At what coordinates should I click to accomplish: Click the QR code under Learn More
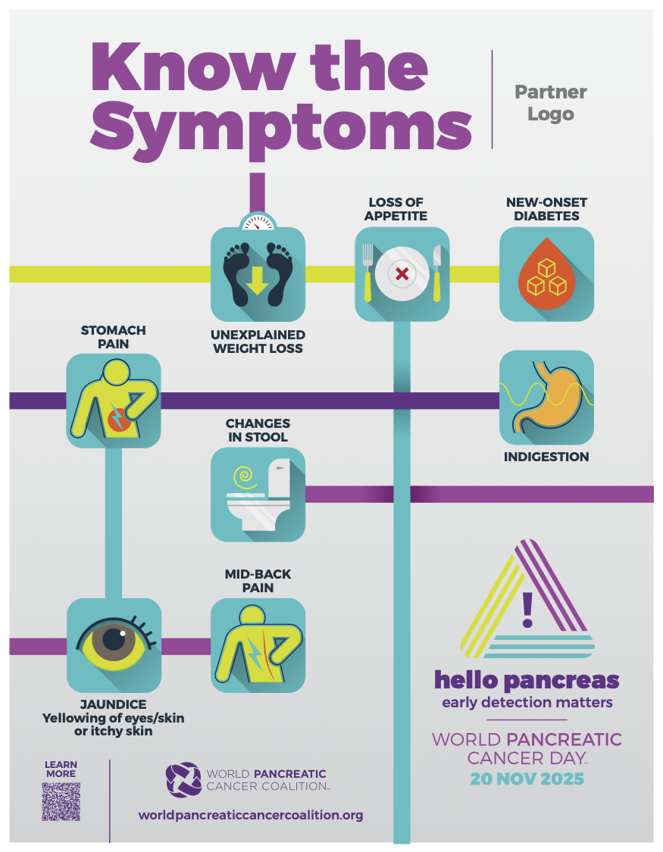pyautogui.click(x=61, y=802)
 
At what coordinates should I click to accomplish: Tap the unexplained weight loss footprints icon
pyautogui.click(x=258, y=273)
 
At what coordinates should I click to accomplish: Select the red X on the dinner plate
pyautogui.click(x=402, y=273)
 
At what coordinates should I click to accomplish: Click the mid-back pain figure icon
pyautogui.click(x=258, y=645)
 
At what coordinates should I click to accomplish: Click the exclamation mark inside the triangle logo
pyautogui.click(x=528, y=609)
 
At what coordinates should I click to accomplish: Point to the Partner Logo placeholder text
pyautogui.click(x=551, y=103)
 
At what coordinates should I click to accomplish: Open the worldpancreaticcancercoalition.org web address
pyautogui.click(x=251, y=816)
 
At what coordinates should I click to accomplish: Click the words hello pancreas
pyautogui.click(x=527, y=679)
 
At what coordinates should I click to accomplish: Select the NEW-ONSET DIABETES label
pyautogui.click(x=546, y=209)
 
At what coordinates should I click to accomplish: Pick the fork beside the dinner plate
pyautogui.click(x=368, y=272)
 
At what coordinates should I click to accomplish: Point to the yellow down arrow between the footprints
pyautogui.click(x=258, y=279)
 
